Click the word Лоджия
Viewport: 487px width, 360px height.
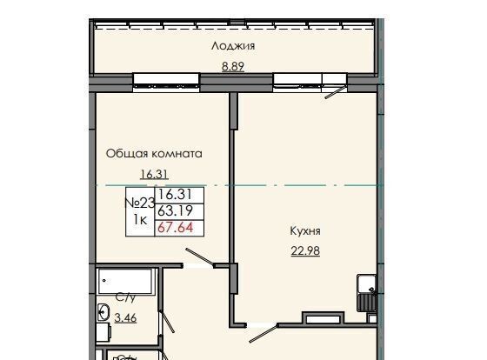click(233, 47)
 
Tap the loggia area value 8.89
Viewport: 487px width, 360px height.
click(233, 66)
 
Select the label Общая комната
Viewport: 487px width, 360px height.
click(154, 154)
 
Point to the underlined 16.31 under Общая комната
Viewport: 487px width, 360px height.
click(155, 174)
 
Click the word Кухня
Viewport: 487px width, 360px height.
click(305, 231)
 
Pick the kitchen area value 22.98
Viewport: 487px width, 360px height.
click(305, 250)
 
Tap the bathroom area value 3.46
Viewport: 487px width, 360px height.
click(125, 317)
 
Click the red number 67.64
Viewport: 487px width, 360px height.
click(176, 228)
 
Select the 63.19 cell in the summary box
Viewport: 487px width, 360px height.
click(175, 211)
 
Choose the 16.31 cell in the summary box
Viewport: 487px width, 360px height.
click(175, 195)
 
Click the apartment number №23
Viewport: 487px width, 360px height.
click(140, 203)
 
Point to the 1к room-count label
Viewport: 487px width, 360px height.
click(140, 220)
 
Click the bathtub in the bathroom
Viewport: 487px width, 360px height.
click(126, 282)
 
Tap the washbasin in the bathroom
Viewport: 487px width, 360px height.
click(103, 312)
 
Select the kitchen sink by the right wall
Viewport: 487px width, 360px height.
click(366, 292)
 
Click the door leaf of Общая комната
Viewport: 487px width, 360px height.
click(200, 257)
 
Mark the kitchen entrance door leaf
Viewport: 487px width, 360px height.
click(263, 333)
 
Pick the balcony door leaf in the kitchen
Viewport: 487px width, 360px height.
click(336, 92)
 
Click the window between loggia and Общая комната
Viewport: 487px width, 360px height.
click(166, 83)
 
